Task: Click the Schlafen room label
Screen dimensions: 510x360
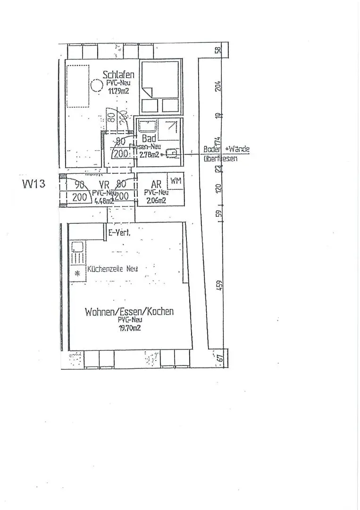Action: click(x=118, y=75)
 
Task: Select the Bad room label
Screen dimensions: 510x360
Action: click(x=149, y=139)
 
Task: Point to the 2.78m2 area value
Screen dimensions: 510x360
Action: click(x=150, y=154)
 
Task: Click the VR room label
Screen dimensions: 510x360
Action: click(x=104, y=185)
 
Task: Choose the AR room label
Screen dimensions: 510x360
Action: click(x=156, y=185)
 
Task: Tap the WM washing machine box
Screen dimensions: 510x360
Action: click(x=176, y=181)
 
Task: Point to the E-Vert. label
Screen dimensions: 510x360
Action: click(x=119, y=232)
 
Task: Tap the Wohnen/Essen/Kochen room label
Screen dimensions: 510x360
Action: click(x=129, y=312)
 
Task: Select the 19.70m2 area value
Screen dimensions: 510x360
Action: click(x=129, y=328)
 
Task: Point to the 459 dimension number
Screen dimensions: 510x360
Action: click(x=219, y=286)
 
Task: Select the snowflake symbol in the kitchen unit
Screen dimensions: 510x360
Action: click(x=77, y=274)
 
